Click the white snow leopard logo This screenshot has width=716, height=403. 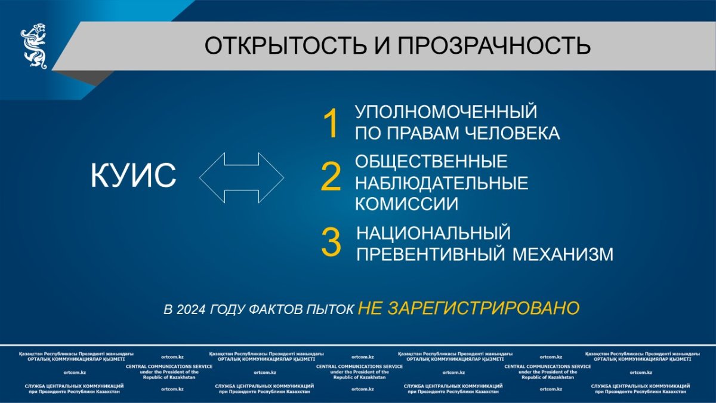(x=34, y=46)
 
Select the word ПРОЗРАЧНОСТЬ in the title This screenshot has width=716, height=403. (x=494, y=45)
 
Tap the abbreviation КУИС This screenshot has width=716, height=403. (x=133, y=176)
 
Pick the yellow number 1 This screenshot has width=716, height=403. (x=331, y=124)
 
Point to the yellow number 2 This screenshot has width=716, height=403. (x=331, y=177)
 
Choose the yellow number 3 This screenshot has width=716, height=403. (x=331, y=242)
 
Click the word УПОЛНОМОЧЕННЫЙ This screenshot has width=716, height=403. (x=446, y=112)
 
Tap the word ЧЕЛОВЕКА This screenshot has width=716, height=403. (x=512, y=133)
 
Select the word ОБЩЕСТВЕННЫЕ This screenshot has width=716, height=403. (x=431, y=161)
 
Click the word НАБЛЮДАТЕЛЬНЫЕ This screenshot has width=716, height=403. (x=442, y=183)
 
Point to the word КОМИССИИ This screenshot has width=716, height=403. (x=406, y=204)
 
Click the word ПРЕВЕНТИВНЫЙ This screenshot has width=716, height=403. (x=431, y=254)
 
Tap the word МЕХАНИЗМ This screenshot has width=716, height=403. (x=563, y=254)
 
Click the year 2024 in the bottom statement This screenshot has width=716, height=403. (x=191, y=310)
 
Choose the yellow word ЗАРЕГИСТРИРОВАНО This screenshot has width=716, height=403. (x=484, y=308)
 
